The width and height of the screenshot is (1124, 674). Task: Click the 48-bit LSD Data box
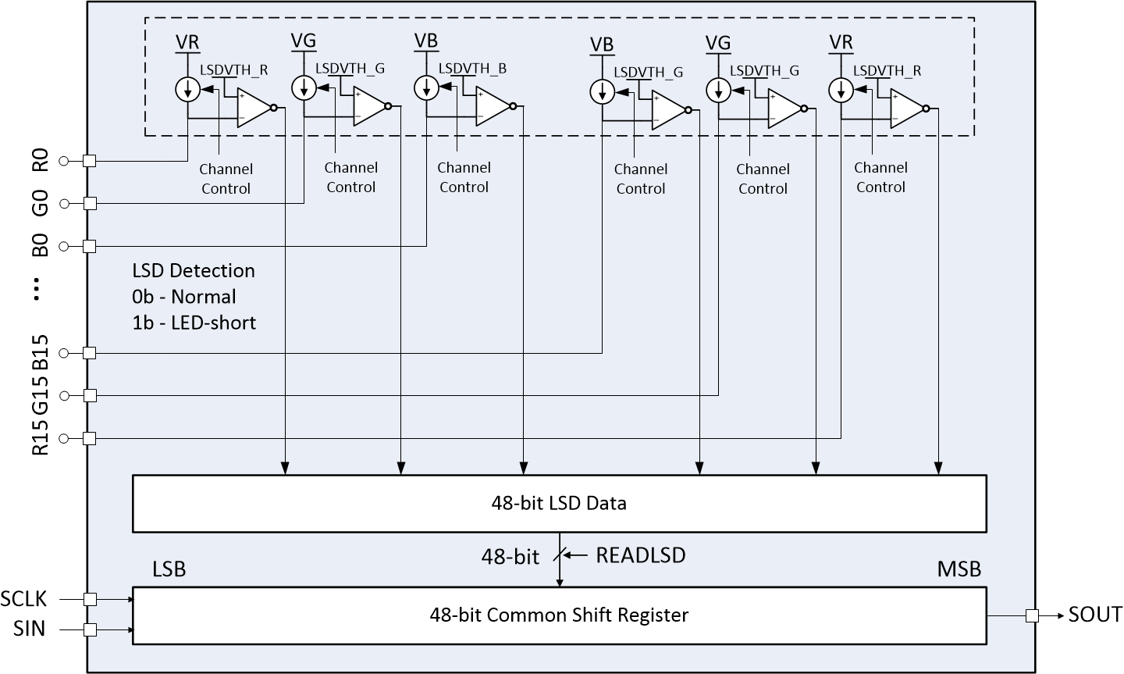[559, 503]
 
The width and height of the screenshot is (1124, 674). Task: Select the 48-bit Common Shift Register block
[559, 615]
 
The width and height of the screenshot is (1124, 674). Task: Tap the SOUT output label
[1095, 615]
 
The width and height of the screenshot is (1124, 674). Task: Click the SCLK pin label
[23, 599]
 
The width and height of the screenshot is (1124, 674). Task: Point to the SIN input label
[30, 629]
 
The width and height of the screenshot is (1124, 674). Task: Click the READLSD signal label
[640, 555]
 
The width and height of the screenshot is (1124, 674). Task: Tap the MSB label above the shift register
[959, 569]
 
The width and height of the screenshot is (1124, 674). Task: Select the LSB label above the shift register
[169, 569]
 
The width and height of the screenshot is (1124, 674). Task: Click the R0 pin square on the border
[89, 161]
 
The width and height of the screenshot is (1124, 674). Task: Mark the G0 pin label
[41, 203]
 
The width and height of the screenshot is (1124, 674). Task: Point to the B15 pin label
[41, 352]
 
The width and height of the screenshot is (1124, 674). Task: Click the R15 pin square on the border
[89, 439]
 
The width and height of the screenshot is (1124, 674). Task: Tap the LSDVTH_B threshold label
[472, 69]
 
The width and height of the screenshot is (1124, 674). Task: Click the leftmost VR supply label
[188, 41]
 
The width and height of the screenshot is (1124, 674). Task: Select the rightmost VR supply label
[841, 41]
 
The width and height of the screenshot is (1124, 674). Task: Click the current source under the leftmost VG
[303, 88]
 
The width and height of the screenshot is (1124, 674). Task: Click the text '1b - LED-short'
[194, 323]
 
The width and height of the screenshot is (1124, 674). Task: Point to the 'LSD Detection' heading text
[194, 270]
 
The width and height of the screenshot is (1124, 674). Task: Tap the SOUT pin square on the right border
[1032, 615]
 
